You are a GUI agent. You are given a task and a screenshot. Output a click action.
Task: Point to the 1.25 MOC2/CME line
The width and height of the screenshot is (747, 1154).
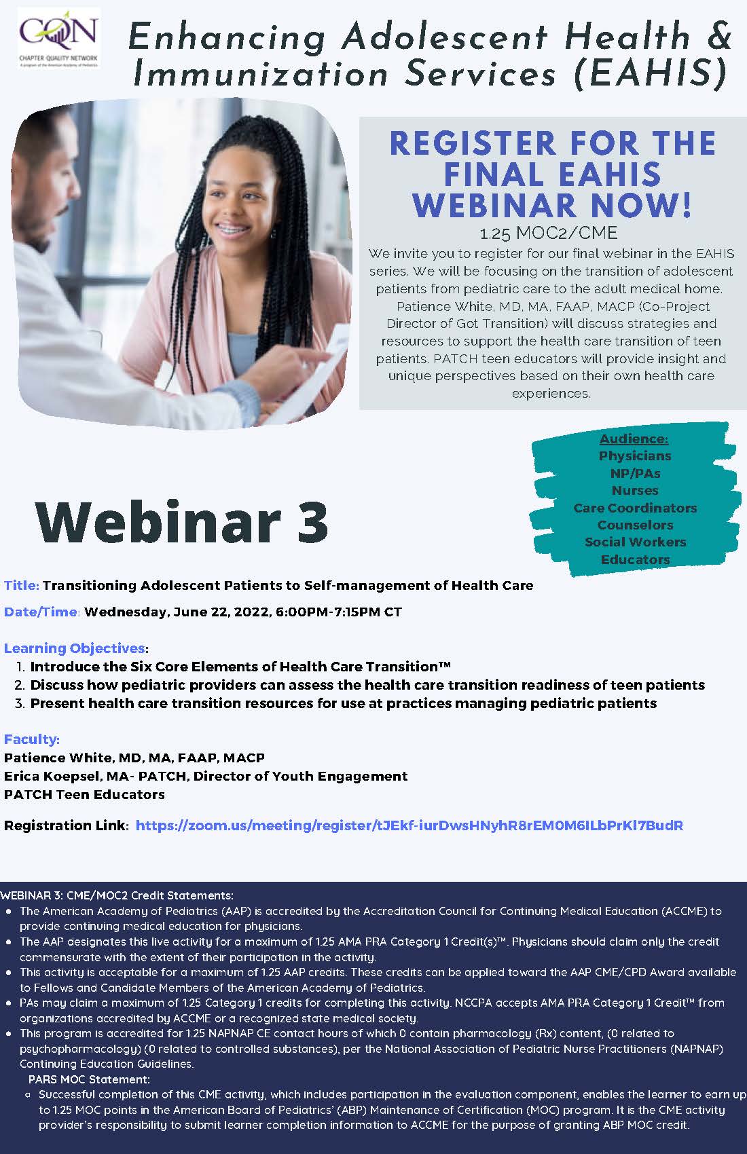click(x=549, y=234)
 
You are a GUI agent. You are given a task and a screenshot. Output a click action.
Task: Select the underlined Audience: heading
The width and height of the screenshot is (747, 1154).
click(x=634, y=439)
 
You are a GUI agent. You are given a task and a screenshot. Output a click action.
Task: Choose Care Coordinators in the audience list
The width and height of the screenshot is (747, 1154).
click(x=635, y=508)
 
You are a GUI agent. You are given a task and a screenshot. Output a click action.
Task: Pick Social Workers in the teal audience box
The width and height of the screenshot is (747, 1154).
click(x=635, y=542)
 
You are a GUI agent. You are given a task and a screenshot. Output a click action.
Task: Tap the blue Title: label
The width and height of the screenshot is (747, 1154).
click(x=22, y=586)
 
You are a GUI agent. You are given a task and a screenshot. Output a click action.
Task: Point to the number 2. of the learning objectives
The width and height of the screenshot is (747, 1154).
click(x=20, y=685)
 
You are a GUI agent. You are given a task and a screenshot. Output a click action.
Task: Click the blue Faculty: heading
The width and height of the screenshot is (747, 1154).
click(x=32, y=739)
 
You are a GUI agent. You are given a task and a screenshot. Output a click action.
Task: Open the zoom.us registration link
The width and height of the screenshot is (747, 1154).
click(x=409, y=826)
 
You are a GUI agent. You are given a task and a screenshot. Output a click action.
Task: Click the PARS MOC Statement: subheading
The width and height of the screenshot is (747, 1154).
click(x=89, y=1079)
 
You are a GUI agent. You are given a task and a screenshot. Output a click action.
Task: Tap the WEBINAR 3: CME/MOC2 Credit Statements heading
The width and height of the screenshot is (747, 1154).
click(x=117, y=895)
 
